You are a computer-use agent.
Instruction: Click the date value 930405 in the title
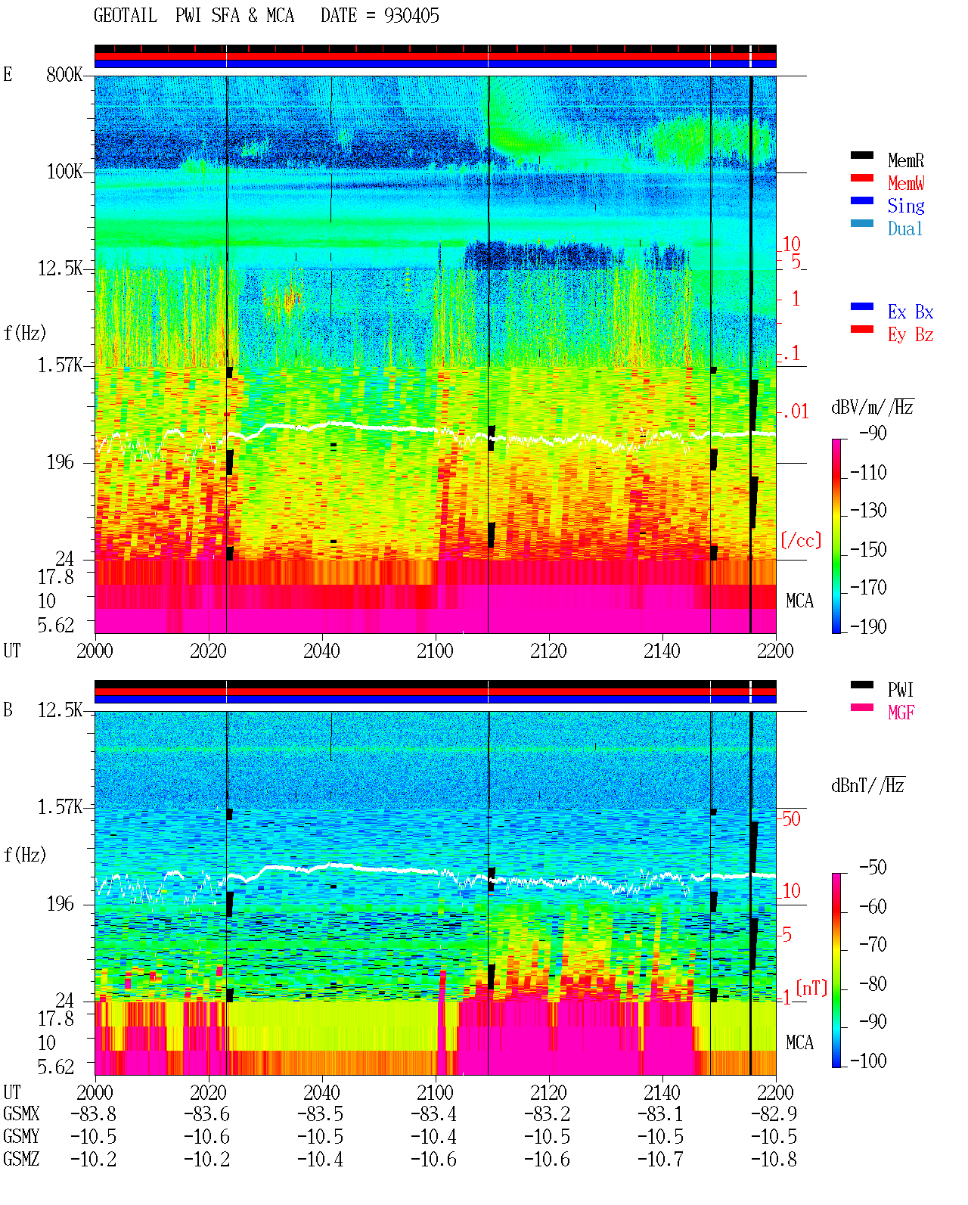[411, 16]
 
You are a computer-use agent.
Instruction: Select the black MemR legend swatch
[861, 155]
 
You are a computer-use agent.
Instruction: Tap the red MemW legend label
[906, 183]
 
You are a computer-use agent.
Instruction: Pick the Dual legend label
[904, 228]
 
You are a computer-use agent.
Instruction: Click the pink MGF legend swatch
[861, 707]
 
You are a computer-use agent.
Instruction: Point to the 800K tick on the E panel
[64, 74]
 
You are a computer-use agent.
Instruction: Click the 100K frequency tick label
[64, 172]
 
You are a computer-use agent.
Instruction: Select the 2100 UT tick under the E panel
[435, 651]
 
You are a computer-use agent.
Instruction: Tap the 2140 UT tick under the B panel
[662, 1092]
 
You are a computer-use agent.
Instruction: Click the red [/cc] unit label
[801, 540]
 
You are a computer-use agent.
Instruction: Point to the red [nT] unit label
[811, 988]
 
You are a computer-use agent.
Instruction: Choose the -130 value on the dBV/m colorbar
[868, 511]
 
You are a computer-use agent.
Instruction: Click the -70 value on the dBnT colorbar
[873, 945]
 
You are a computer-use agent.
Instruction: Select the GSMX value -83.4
[434, 1114]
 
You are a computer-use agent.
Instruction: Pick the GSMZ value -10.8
[774, 1159]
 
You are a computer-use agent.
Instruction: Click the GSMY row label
[21, 1137]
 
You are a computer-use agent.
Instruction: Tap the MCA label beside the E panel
[799, 601]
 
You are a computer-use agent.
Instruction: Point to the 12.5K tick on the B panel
[60, 710]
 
